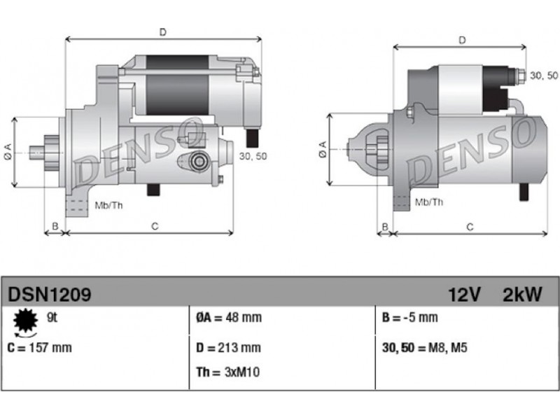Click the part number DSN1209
point(49,295)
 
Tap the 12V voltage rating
point(464,295)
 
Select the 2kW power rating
point(522,295)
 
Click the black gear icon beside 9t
point(25,321)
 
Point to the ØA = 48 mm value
point(229,317)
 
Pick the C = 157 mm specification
point(39,347)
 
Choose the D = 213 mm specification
point(228,347)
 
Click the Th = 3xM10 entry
point(227,372)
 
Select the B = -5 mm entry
point(409,317)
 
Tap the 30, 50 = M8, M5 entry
point(424,347)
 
